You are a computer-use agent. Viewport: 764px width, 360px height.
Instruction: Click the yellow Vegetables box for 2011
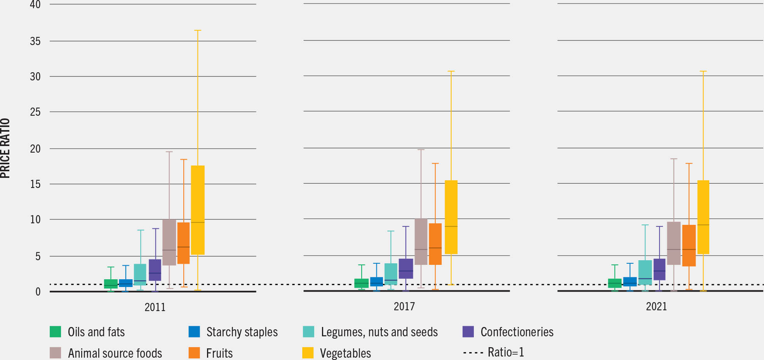coord(198,210)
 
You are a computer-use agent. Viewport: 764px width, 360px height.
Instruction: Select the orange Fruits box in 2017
coord(435,244)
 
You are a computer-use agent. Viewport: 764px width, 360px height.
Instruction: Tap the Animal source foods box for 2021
coord(674,243)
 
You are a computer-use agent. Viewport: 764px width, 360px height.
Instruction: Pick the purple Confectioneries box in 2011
coord(155,270)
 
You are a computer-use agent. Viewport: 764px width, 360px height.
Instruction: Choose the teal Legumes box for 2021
coord(645,273)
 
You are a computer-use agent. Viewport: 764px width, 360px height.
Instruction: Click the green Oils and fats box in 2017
coord(362,283)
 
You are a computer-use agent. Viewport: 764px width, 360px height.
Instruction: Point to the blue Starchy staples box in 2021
coord(630,282)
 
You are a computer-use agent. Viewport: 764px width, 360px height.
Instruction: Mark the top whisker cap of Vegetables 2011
coord(198,30)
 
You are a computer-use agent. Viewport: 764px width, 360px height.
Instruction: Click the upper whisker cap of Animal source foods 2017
coord(421,150)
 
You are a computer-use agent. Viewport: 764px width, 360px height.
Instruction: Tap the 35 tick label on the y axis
coord(35,41)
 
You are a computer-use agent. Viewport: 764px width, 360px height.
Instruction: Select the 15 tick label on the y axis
coord(35,184)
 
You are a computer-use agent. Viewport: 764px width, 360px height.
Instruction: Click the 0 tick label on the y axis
coord(38,292)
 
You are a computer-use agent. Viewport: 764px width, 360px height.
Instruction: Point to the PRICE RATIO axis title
coord(5,148)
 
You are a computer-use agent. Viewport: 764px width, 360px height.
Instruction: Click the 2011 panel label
coord(155,307)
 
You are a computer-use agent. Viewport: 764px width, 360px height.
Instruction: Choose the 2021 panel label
coord(656,306)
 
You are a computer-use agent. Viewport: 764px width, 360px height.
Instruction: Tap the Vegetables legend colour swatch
coord(308,353)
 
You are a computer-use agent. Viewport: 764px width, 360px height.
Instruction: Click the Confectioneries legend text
coord(517,332)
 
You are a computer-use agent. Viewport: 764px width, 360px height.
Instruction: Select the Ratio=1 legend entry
coord(494,352)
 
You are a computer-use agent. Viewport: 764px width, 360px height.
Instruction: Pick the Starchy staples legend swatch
coord(194,332)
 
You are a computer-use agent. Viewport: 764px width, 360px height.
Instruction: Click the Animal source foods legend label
coord(115,353)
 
